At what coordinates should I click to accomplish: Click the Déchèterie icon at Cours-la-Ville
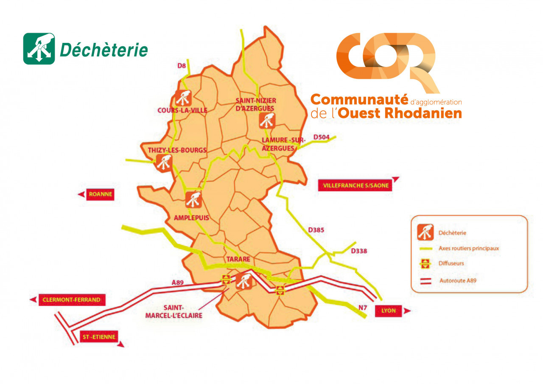[183, 98]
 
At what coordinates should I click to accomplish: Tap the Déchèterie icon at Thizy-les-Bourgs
[164, 162]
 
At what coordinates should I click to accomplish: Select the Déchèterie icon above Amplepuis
[193, 199]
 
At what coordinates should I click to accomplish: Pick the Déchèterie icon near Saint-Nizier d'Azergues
[267, 121]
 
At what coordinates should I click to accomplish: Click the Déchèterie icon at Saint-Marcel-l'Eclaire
[244, 281]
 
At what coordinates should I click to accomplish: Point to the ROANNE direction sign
[100, 194]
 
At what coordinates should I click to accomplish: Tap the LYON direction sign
[388, 311]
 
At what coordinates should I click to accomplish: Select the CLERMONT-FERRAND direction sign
[71, 300]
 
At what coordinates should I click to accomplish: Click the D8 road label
[182, 65]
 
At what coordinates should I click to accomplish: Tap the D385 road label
[316, 230]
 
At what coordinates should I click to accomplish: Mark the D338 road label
[358, 251]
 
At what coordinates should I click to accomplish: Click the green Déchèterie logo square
[39, 49]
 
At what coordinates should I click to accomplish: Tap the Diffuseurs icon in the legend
[425, 263]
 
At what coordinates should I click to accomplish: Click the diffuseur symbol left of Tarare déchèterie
[226, 279]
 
